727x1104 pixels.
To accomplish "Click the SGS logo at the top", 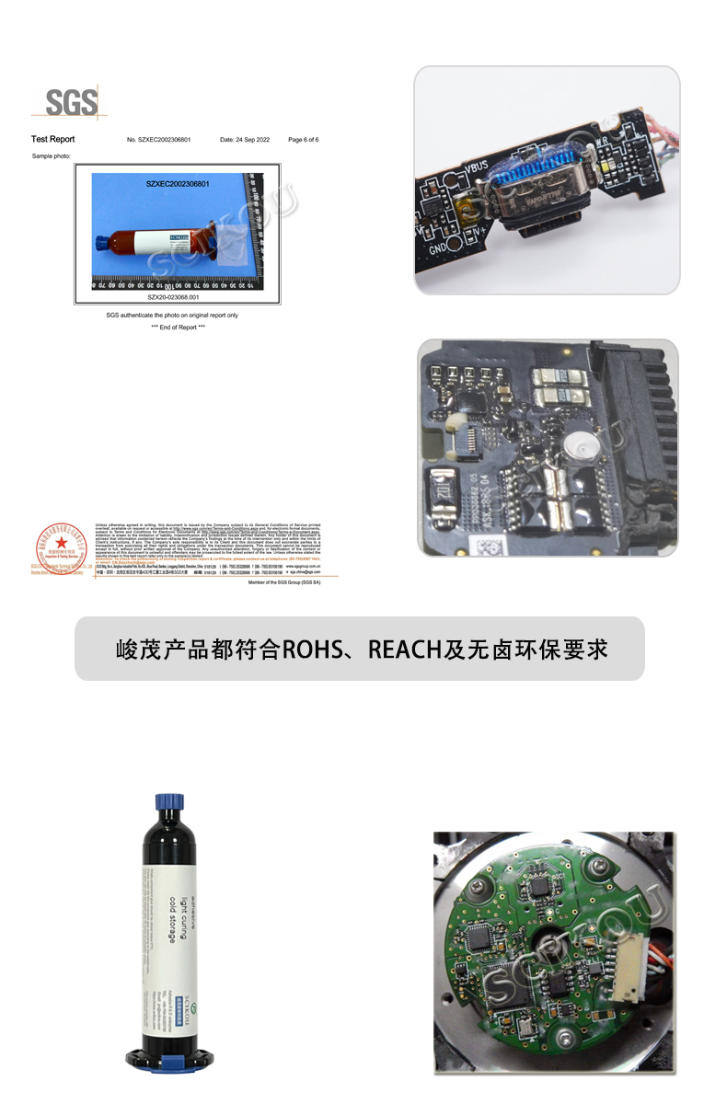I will (x=67, y=102).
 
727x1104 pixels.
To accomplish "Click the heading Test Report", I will (x=52, y=140).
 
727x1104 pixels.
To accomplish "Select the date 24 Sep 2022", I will (x=244, y=140).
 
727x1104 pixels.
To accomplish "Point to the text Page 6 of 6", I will (x=303, y=140).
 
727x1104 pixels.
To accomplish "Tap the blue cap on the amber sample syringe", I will (x=101, y=244).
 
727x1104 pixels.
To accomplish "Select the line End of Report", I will (x=178, y=328).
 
